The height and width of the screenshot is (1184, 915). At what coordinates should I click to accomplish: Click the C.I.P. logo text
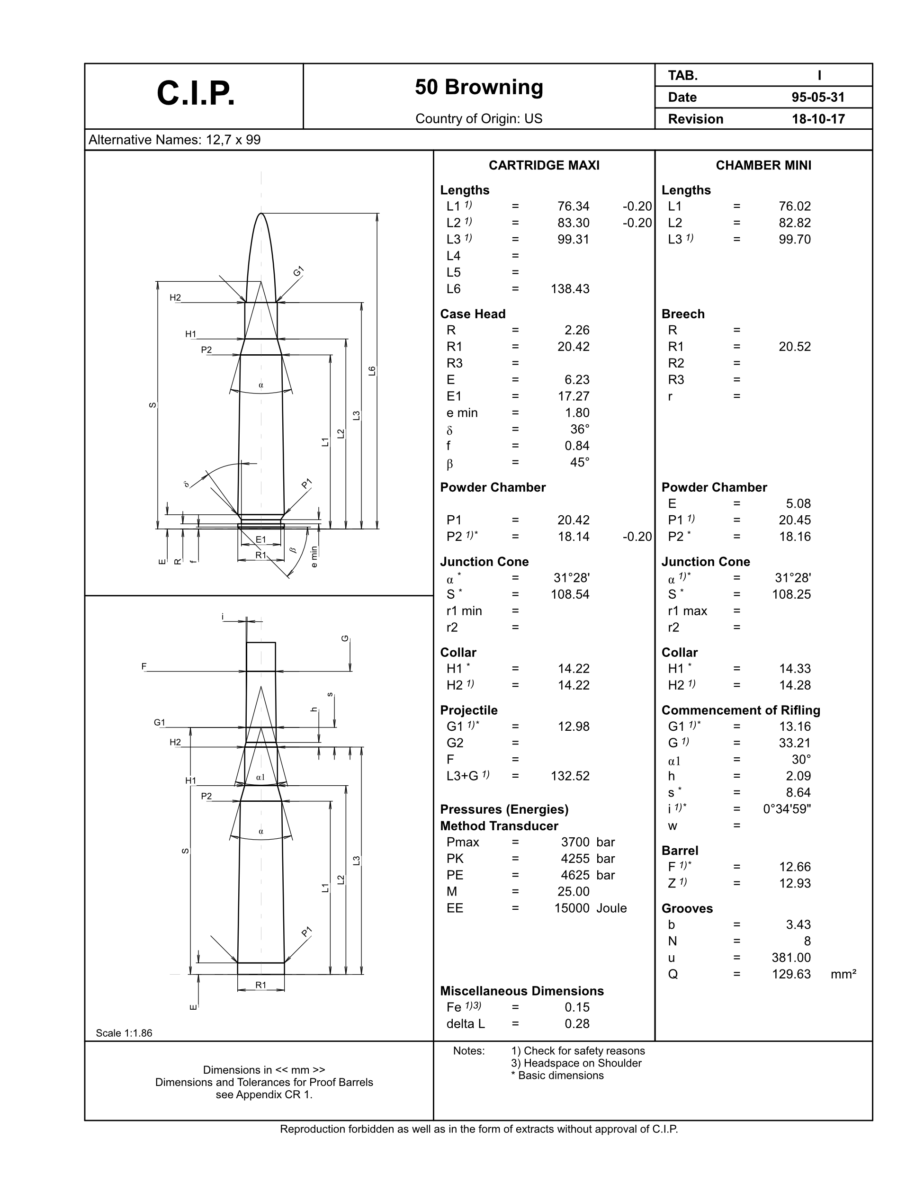[x=196, y=94]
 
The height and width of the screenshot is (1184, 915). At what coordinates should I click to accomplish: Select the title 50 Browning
[x=479, y=87]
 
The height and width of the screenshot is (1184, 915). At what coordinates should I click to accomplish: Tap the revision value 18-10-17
[x=818, y=119]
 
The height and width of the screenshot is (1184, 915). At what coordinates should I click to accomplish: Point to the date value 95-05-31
[x=818, y=98]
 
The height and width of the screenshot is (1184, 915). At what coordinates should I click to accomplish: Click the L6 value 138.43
[x=570, y=289]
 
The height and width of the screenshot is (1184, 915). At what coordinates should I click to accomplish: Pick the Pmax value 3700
[x=574, y=842]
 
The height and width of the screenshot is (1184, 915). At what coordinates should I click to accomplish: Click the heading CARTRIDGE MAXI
[x=544, y=165]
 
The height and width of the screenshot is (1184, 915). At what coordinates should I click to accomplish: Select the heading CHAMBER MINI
[x=763, y=165]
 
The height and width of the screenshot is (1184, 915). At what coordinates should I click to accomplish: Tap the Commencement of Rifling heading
[x=740, y=710]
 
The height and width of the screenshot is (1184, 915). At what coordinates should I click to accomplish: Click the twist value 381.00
[x=791, y=958]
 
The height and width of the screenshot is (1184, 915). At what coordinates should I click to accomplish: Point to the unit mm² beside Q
[x=843, y=974]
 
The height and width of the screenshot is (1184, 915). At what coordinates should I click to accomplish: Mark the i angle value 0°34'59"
[x=787, y=809]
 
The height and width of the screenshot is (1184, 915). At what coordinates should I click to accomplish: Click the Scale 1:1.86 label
[x=124, y=1033]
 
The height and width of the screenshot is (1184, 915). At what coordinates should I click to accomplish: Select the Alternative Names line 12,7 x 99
[x=175, y=140]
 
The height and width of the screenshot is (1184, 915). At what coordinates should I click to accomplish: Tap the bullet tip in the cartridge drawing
[x=261, y=215]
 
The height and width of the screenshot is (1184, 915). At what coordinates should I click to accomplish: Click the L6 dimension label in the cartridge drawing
[x=371, y=371]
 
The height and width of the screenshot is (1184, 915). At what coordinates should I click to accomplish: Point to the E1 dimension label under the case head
[x=261, y=539]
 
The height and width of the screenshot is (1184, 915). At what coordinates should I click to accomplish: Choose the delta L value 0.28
[x=577, y=1023]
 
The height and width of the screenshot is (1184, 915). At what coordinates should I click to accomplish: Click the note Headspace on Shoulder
[x=576, y=1063]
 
